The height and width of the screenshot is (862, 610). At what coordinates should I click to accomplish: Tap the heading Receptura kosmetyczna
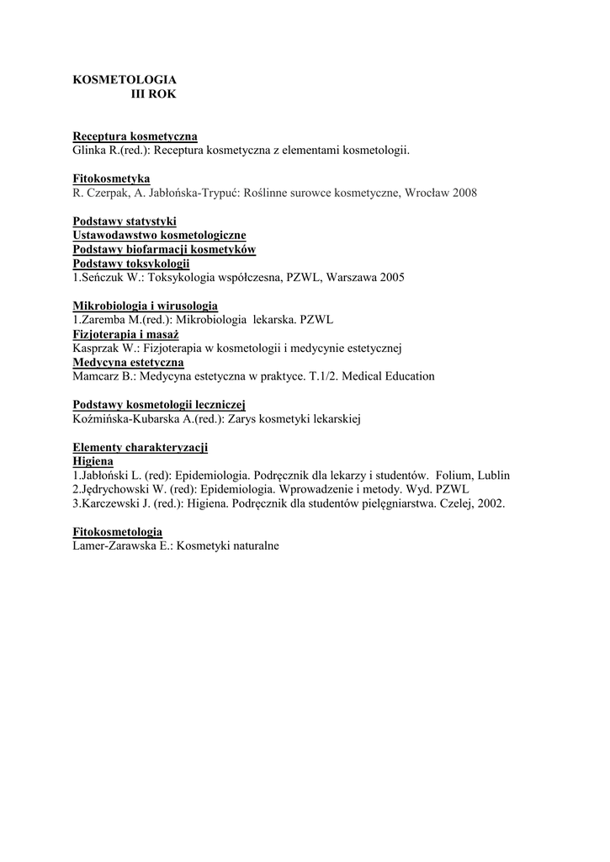pos(135,136)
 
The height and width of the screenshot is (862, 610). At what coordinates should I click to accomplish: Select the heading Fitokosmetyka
pos(111,178)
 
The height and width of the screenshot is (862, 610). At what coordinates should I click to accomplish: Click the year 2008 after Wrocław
pos(464,193)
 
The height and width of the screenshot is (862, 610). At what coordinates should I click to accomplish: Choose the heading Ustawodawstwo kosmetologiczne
pos(160,236)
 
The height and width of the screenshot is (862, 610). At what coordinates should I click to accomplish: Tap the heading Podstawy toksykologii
pos(131,264)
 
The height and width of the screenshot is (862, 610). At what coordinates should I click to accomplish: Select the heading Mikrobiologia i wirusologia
pos(146,306)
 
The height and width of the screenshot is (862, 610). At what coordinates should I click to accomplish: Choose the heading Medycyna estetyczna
pos(128,363)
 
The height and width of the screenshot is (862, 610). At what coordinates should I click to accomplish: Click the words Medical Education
pos(390,376)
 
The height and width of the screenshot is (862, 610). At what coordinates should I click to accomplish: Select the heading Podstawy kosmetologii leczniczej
pos(158,405)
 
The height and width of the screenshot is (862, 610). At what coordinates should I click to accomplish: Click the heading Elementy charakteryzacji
pos(141,447)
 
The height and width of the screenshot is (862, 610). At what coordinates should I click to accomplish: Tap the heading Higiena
pos(93,461)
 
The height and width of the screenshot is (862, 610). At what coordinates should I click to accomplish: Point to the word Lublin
pos(494,476)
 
